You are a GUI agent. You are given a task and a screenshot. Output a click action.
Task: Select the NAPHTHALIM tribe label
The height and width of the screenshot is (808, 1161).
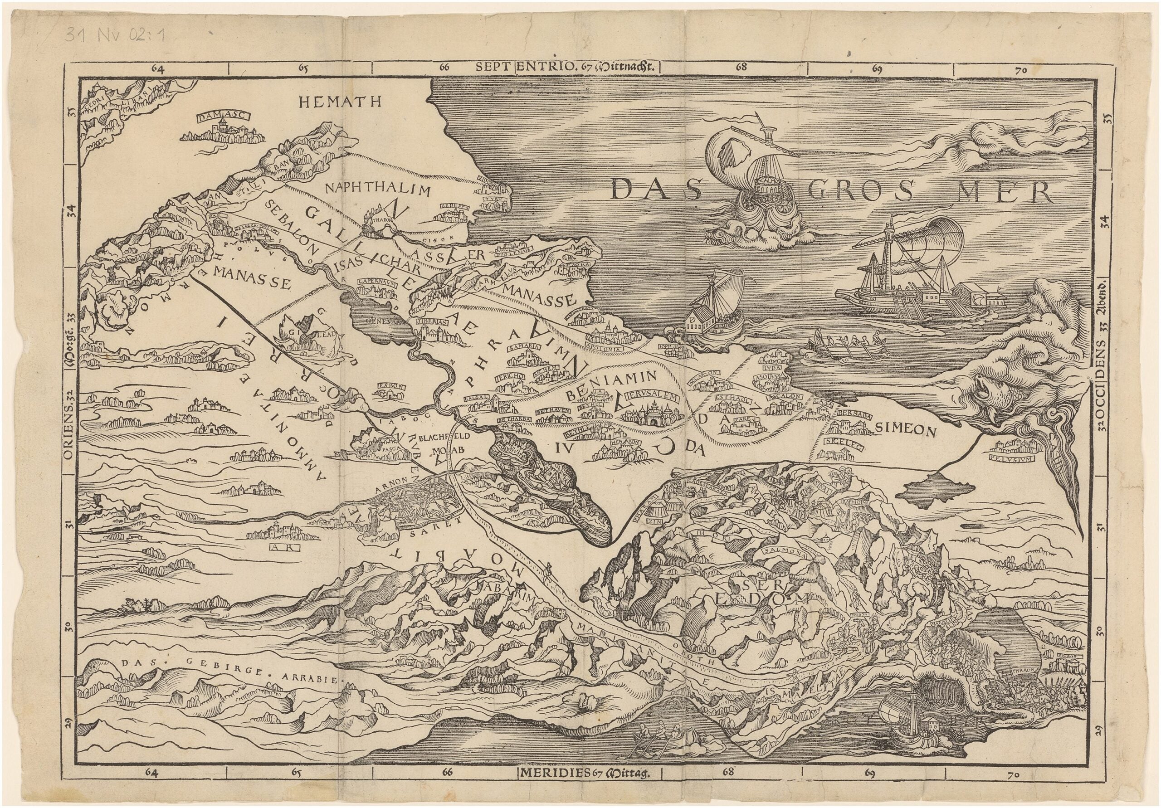tap(378, 190)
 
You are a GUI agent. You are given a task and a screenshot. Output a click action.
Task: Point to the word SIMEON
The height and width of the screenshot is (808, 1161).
tap(906, 429)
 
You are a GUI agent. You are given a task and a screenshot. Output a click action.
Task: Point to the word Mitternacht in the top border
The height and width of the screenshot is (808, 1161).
tap(626, 66)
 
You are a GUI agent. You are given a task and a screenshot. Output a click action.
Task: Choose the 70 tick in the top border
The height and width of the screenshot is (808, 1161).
tap(1020, 71)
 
